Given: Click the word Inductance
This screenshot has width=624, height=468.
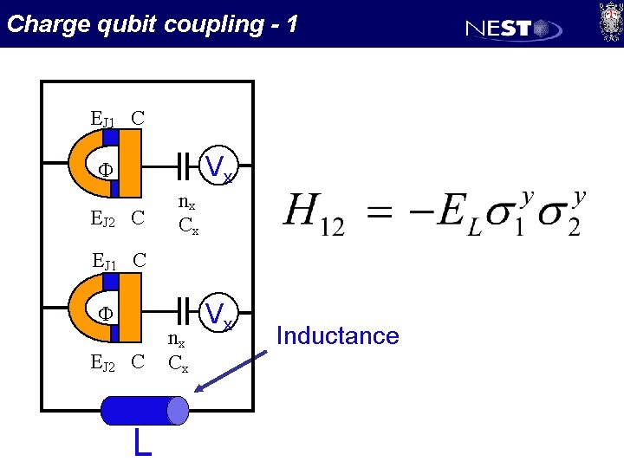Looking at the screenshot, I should pyautogui.click(x=337, y=335).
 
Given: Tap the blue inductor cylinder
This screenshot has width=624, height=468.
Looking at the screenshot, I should pyautogui.click(x=144, y=410).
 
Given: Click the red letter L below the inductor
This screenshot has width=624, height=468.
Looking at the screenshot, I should pyautogui.click(x=143, y=442).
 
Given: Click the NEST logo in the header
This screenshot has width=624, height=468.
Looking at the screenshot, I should pyautogui.click(x=514, y=28).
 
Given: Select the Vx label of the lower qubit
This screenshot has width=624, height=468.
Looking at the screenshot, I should pyautogui.click(x=221, y=312).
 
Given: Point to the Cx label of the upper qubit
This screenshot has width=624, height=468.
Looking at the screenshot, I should pyautogui.click(x=188, y=227).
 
